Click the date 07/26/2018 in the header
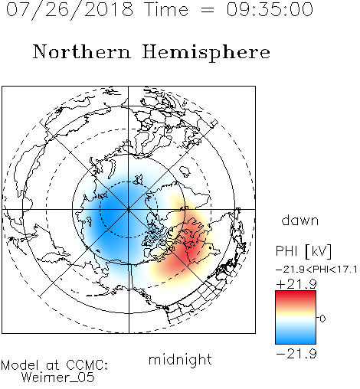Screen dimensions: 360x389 pyautogui.click(x=70, y=10)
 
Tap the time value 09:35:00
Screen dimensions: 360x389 pyautogui.click(x=270, y=10)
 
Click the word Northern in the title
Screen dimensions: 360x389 pyautogui.click(x=82, y=52)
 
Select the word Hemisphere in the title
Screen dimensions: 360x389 pyautogui.click(x=206, y=52)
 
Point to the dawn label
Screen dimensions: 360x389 pyautogui.click(x=299, y=220)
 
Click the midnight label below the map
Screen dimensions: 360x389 pyautogui.click(x=180, y=359)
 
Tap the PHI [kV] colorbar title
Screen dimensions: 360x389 pyautogui.click(x=303, y=251)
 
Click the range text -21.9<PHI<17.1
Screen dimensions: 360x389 pyautogui.click(x=316, y=270)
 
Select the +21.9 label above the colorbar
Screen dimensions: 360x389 pyautogui.click(x=296, y=284)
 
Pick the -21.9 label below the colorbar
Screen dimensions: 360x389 pyautogui.click(x=296, y=354)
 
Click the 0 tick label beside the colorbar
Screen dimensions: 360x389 pyautogui.click(x=322, y=319)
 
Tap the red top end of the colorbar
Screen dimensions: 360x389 pyautogui.click(x=296, y=293)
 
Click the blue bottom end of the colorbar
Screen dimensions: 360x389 pyautogui.click(x=296, y=342)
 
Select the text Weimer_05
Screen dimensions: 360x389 pyautogui.click(x=58, y=377)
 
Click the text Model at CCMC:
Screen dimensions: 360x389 pyautogui.click(x=54, y=365)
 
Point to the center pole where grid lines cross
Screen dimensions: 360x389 pyautogui.click(x=129, y=209)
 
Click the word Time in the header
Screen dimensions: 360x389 pyautogui.click(x=166, y=9)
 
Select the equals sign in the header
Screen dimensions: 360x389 pyautogui.click(x=207, y=10)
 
